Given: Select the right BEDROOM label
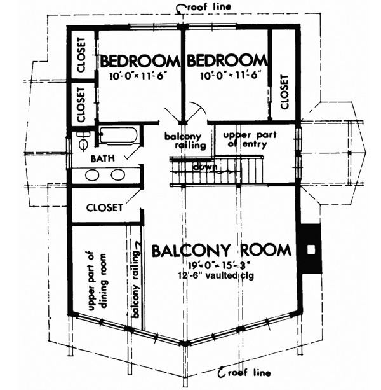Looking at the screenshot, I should coord(225,61).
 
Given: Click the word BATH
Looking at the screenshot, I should coord(103,157).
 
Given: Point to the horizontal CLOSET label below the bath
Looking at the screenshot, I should coord(104,207).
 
